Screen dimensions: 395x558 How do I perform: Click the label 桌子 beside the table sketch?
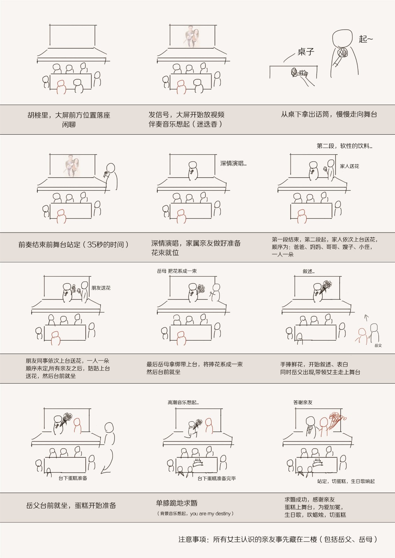pos(306,52)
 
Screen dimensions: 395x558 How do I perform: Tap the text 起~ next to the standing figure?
pos(366,39)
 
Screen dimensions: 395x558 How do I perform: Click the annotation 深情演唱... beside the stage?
pos(233,164)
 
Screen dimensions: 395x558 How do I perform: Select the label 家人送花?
pos(349,166)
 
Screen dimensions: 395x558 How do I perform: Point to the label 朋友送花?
pos(101,288)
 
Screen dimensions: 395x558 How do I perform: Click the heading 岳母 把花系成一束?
pos(177,271)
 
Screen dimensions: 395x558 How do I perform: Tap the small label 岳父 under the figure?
pos(378,345)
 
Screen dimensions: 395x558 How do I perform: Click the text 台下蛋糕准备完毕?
pos(217,478)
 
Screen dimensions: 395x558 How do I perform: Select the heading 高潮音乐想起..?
pos(183,402)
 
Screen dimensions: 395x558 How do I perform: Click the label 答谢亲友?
pos(303,402)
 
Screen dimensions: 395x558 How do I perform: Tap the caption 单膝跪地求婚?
pos(177,503)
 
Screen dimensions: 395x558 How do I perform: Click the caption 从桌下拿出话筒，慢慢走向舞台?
pos(329,114)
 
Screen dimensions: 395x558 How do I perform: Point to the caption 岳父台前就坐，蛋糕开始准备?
pos(71,505)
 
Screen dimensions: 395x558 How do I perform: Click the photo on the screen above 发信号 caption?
pos(193,37)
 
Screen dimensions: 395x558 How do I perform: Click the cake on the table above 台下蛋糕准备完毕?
pos(198,462)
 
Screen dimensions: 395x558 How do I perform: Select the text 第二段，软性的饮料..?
pos(344,146)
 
